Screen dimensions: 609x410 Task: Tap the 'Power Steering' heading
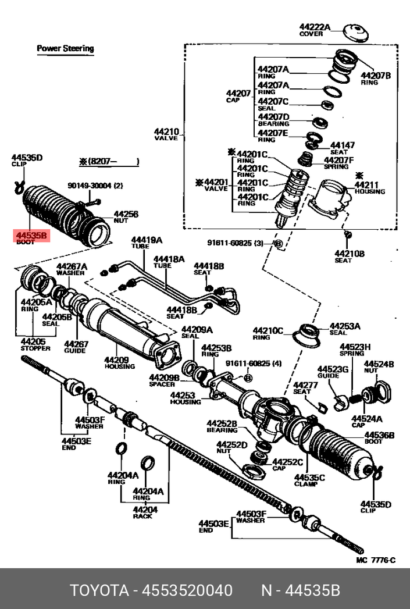[x=65, y=48]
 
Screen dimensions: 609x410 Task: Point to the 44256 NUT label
[x=126, y=216]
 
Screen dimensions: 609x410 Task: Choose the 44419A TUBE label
[x=146, y=243]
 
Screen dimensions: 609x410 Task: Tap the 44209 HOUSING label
[x=119, y=362]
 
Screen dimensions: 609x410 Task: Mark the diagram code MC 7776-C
[x=376, y=560]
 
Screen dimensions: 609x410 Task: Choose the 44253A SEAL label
[x=345, y=329]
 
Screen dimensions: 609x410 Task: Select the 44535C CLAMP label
[x=309, y=480]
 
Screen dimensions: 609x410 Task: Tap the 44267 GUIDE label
[x=76, y=347]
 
